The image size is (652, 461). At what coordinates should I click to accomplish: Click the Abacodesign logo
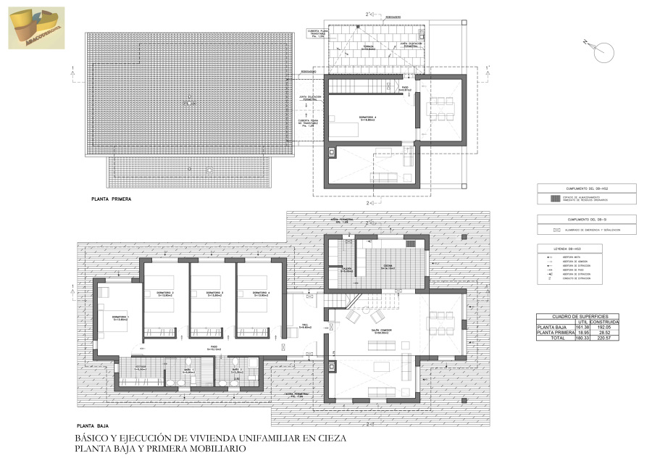[x=36, y=28]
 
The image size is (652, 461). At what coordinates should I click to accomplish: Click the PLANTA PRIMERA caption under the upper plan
[x=110, y=197]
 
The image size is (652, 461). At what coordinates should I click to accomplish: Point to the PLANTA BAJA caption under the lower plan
[x=92, y=427]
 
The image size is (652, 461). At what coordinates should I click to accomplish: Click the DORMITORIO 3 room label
[x=212, y=294]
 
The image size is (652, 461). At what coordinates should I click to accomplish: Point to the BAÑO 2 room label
[x=236, y=370]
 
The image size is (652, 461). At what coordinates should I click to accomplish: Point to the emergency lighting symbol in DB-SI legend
[x=556, y=230]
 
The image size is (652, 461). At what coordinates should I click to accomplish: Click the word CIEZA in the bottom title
[x=330, y=439]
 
